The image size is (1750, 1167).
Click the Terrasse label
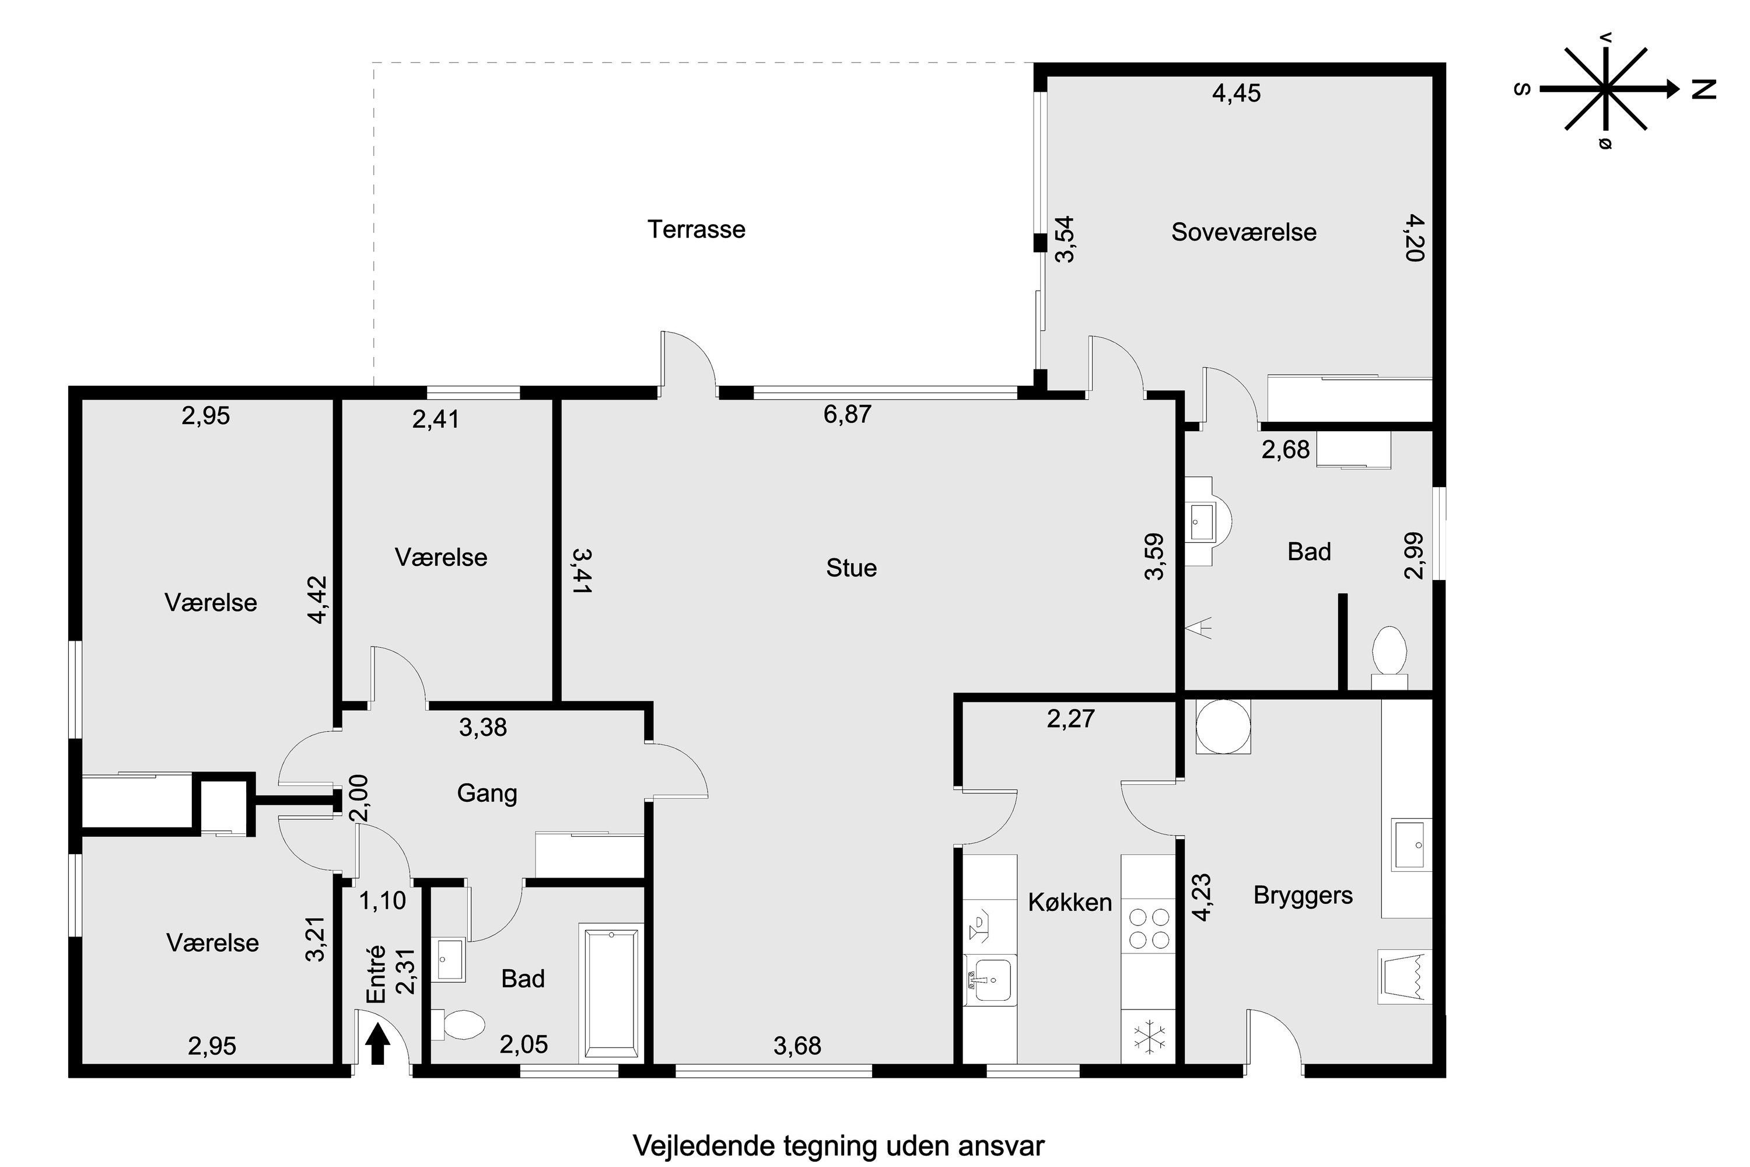click(696, 229)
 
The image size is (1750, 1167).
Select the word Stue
click(851, 568)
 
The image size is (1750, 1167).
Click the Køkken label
click(1069, 902)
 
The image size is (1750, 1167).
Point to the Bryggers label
click(1303, 895)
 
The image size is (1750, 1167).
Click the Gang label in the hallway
click(487, 794)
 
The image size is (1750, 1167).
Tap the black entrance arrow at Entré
click(379, 1043)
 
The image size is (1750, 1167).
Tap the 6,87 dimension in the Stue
click(847, 414)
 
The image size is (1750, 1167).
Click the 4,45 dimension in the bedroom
click(1237, 93)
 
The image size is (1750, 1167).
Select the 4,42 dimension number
click(318, 599)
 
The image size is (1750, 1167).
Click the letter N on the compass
click(1703, 90)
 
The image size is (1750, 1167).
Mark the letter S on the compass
click(1522, 89)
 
